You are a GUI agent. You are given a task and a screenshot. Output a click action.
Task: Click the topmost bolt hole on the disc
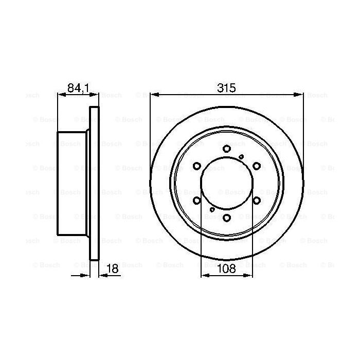[x=226, y=149]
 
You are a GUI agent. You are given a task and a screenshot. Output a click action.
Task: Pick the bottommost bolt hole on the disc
[x=226, y=218]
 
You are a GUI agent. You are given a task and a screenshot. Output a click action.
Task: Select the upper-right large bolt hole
[x=256, y=166]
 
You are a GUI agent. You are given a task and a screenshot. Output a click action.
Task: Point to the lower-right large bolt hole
[x=256, y=201]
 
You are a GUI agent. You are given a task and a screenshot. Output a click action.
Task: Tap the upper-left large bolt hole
[x=196, y=166]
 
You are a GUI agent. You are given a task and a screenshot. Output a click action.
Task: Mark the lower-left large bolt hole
[x=196, y=201]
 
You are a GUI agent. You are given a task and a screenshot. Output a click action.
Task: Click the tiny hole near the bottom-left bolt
[x=212, y=210]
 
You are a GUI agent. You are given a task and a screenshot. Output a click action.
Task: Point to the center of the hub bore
[x=226, y=183]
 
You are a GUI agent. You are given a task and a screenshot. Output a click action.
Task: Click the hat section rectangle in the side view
[x=72, y=183]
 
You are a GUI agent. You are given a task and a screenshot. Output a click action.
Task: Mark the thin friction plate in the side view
[x=94, y=183]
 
